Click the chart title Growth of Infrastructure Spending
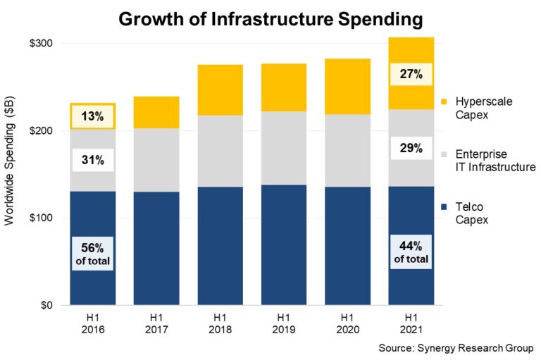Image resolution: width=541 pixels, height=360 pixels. pyautogui.click(x=270, y=19)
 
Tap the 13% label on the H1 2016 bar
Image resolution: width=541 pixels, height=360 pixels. pyautogui.click(x=92, y=116)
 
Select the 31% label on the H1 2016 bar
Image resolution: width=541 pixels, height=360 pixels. pyautogui.click(x=92, y=161)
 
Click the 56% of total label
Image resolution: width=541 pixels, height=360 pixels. pyautogui.click(x=92, y=254)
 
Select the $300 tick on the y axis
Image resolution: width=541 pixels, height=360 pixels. pyautogui.click(x=41, y=44)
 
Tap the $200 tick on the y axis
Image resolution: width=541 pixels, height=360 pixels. pyautogui.click(x=41, y=131)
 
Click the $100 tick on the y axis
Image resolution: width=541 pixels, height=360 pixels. pyautogui.click(x=41, y=218)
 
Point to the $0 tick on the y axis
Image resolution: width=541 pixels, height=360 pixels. pyautogui.click(x=46, y=306)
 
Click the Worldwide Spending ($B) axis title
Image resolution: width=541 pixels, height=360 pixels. pyautogui.click(x=10, y=173)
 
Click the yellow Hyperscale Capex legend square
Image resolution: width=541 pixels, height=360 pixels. pyautogui.click(x=444, y=101)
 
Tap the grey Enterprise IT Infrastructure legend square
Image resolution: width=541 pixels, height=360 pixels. pyautogui.click(x=444, y=153)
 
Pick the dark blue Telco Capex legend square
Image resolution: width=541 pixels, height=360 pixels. pyautogui.click(x=444, y=206)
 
